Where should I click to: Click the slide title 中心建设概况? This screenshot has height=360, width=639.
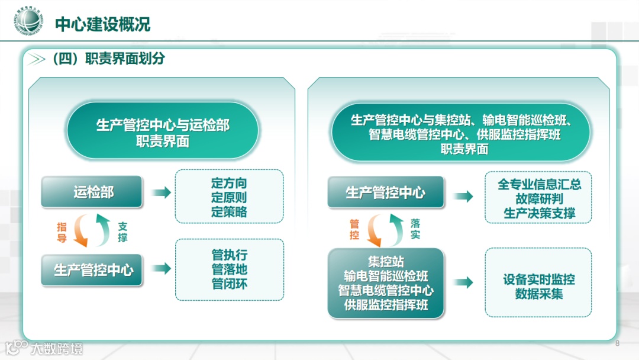pos(102,24)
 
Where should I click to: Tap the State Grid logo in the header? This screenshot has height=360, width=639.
pos(30,22)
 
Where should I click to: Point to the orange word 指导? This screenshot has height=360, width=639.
pos(62,232)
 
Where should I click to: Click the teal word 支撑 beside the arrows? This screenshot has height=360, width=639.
pos(122,232)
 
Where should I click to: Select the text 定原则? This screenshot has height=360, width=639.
pos(229,197)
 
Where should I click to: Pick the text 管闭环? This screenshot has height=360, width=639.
pos(229,284)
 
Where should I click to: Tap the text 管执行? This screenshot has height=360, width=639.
pos(229,255)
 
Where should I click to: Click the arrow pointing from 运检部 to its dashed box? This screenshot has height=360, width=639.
pos(161,192)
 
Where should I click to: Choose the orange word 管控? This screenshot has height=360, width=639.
pos(354,230)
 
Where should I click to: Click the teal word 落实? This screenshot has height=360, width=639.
pos(415,229)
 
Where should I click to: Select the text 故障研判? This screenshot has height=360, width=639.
pos(538,199)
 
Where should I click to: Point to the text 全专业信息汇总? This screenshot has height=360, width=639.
pos(538,184)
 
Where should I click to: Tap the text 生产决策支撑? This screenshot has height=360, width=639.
pos(538,213)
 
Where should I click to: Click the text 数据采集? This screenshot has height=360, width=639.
pos(538,294)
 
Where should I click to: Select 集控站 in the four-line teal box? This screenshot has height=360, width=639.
pos(386,262)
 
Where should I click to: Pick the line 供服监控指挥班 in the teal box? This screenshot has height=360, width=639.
pos(386,306)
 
